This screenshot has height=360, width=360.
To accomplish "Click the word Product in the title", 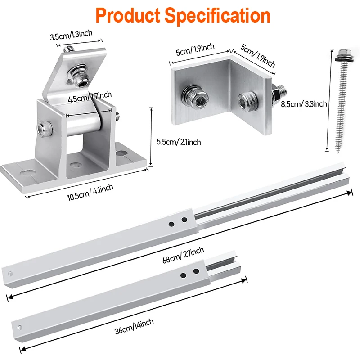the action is pyautogui.click(x=128, y=15).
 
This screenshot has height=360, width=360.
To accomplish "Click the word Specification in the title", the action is pyautogui.click(x=217, y=16).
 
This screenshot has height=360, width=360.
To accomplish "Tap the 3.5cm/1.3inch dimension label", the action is pyautogui.click(x=71, y=35).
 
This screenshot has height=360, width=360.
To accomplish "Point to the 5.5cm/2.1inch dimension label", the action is pyautogui.click(x=179, y=142).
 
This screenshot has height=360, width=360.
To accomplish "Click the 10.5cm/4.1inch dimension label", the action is pyautogui.click(x=90, y=193).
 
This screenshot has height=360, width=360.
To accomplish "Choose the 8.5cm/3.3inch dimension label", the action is pyautogui.click(x=304, y=104).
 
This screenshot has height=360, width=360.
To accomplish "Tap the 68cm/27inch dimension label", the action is pyautogui.click(x=183, y=255).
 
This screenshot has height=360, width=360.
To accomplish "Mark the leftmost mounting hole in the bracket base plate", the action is pyautogui.click(x=27, y=173).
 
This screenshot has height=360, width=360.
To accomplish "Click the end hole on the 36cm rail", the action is pyautogui.click(x=20, y=328).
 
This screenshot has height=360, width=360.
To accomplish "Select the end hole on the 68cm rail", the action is pyautogui.click(x=10, y=274).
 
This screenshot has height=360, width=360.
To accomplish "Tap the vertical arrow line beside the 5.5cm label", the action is pyautogui.click(x=151, y=137).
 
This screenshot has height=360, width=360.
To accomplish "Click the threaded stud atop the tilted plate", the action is pyautogui.click(x=68, y=49).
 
